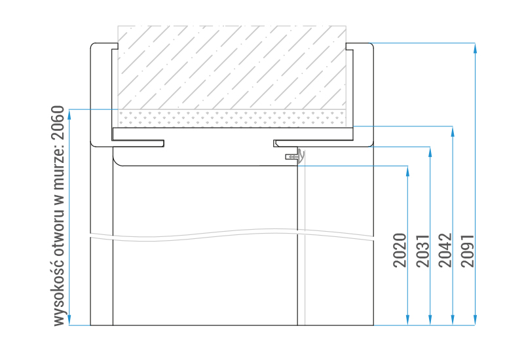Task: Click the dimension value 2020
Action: tap(400, 251)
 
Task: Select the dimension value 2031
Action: tap(422, 251)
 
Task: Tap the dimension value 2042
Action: tap(445, 251)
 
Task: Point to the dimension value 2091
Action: tap(467, 251)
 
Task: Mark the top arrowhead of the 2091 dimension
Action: tap(475, 48)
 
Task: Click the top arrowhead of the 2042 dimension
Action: tap(453, 132)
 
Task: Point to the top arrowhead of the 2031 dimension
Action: tap(430, 152)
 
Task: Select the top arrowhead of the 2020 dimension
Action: tap(407, 171)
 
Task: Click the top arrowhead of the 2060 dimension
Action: tap(69, 115)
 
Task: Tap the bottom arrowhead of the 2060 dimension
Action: tap(69, 320)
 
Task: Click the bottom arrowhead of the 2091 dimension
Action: tap(475, 320)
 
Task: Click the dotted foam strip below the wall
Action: tap(232, 118)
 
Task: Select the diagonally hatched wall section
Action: tap(232, 67)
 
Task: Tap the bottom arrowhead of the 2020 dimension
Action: tap(407, 320)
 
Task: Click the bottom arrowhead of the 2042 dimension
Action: tap(453, 320)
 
